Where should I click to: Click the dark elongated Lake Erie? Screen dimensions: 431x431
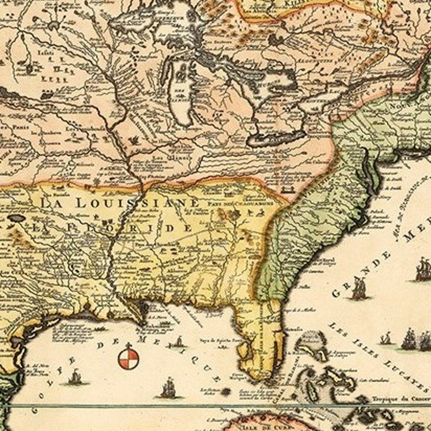[276, 139]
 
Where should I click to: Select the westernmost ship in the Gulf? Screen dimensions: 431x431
[76, 377]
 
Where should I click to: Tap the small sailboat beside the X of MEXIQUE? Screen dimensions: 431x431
[178, 342]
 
